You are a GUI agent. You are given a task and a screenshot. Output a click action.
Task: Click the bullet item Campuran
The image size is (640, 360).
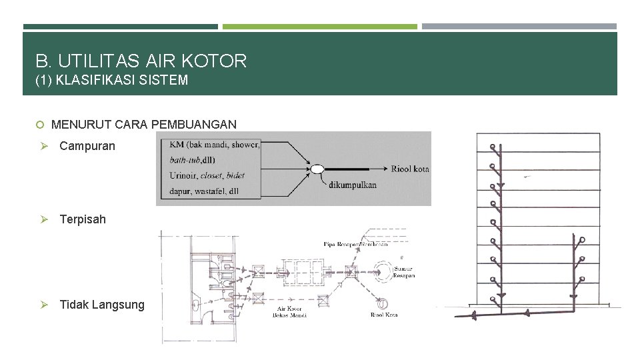pyautogui.click(x=87, y=145)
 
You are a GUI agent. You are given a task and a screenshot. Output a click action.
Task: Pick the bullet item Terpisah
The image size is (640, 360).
pyautogui.click(x=83, y=219)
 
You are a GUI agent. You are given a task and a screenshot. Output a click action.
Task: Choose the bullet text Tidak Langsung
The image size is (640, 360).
pyautogui.click(x=101, y=305)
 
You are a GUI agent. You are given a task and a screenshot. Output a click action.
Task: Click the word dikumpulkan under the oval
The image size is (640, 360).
pyautogui.click(x=352, y=185)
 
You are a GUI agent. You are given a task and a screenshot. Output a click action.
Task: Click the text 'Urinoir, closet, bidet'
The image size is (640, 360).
pyautogui.click(x=207, y=176)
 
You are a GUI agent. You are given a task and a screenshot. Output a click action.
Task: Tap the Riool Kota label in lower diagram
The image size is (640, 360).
pyautogui.click(x=385, y=315)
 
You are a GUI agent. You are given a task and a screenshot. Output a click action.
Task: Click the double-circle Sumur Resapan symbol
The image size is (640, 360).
pyautogui.click(x=385, y=271)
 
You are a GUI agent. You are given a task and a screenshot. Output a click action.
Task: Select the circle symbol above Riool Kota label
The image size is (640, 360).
pyautogui.click(x=384, y=298)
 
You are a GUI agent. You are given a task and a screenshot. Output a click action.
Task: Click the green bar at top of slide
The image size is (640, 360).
pyautogui.click(x=319, y=27)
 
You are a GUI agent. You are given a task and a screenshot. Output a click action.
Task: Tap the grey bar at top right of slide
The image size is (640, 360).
pyautogui.click(x=519, y=27)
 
